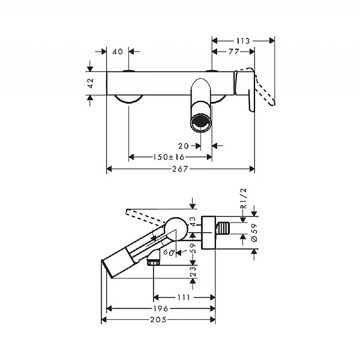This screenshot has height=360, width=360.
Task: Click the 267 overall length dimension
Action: pos(181,169)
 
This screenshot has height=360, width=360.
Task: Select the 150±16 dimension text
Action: pos(167,157)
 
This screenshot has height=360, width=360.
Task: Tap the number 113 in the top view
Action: pos(243,41)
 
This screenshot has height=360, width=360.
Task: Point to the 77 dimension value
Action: pos(233,53)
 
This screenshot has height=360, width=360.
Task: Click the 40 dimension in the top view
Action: pos(118,52)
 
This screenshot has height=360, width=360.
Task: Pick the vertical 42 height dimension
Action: pos(91,83)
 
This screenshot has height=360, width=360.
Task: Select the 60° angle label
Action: pos(169,253)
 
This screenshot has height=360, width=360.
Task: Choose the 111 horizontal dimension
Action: pos(184,297)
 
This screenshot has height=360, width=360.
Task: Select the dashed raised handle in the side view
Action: pos(144,215)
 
